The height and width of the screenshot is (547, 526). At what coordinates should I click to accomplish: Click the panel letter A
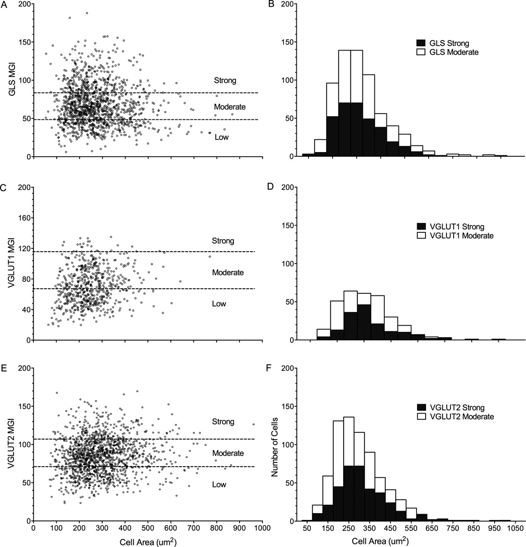[x=3, y=5]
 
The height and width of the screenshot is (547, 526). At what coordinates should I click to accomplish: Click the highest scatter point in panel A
[x=86, y=13]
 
